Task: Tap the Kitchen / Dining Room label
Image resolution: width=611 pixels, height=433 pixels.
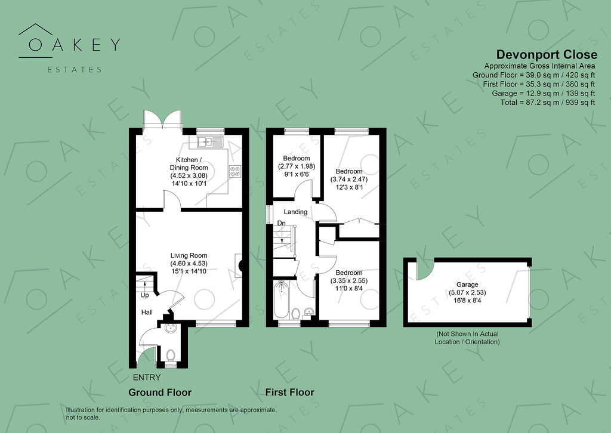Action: tap(188, 163)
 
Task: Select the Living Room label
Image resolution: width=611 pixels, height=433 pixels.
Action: tap(188, 256)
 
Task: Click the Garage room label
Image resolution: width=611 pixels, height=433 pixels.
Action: tap(468, 285)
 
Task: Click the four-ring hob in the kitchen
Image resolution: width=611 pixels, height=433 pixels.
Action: tap(235, 171)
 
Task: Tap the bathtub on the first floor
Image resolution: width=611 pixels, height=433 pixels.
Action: tap(282, 302)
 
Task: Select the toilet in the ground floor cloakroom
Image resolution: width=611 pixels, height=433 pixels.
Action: tap(171, 356)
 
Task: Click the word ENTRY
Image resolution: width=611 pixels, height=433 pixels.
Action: tap(147, 378)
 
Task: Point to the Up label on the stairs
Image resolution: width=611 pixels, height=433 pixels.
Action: tap(144, 295)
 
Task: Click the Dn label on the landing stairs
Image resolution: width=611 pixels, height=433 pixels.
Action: tap(280, 224)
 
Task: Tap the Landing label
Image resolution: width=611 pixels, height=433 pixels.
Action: tap(295, 212)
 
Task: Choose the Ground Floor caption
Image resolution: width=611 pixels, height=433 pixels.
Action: tap(160, 392)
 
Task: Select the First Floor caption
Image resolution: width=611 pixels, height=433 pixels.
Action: tap(289, 392)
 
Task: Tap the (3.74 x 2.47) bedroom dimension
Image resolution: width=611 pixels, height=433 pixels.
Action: tap(349, 179)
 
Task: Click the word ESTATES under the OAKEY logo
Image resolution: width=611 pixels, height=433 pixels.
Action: tap(75, 69)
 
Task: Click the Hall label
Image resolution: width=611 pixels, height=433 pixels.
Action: tap(147, 313)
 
